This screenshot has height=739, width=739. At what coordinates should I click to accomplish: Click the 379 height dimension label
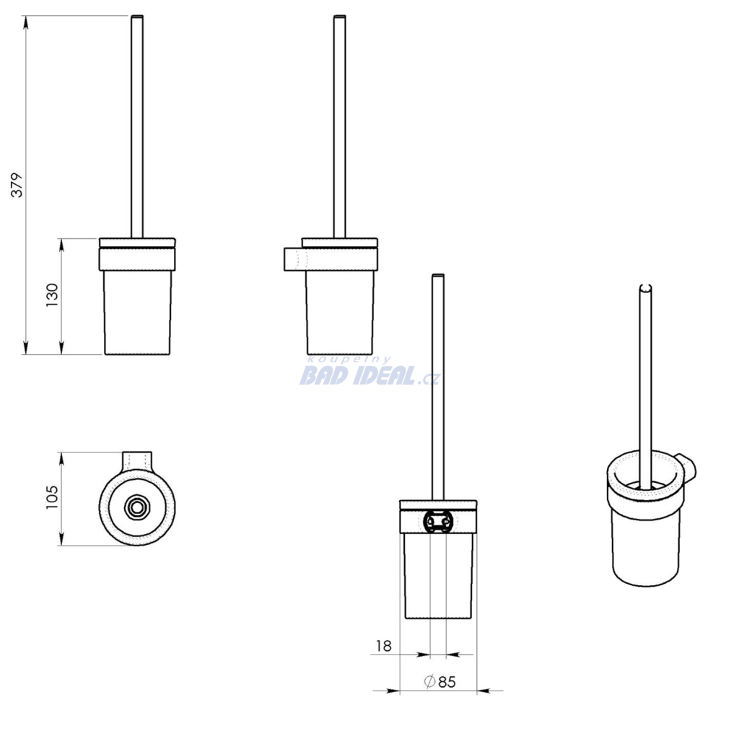coord(17,185)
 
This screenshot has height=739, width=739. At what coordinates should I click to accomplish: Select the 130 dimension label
coord(52,295)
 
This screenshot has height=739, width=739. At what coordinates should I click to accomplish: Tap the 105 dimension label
coord(51,497)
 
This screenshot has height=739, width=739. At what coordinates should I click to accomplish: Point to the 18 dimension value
coord(384,646)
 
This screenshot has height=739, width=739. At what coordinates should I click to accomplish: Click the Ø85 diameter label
coord(440,681)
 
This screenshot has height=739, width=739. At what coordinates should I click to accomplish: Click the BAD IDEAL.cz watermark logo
coord(370,372)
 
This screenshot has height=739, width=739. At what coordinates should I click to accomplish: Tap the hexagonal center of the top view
coord(137,507)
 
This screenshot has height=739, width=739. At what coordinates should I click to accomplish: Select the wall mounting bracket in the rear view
coord(438,521)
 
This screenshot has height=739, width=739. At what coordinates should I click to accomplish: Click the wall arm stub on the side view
coord(295,259)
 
